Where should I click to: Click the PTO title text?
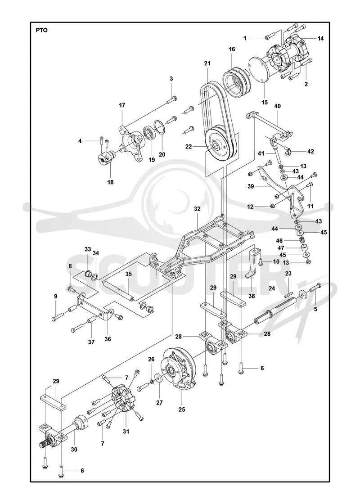41,31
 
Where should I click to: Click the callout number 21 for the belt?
207,63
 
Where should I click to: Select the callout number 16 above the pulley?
232,49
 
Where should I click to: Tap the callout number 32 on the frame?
198,209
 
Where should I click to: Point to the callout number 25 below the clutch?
182,409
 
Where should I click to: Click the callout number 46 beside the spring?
279,240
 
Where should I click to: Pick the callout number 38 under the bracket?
252,296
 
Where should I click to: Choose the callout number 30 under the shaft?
74,450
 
